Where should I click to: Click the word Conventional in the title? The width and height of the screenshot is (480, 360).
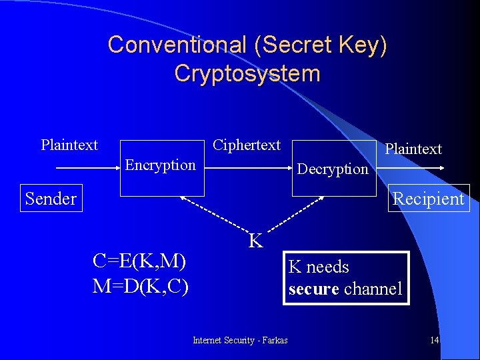(x=177, y=45)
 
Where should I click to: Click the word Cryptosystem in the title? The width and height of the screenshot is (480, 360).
(x=247, y=73)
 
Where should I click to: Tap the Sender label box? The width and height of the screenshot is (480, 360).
(x=51, y=198)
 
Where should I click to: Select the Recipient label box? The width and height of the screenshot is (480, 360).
(x=428, y=198)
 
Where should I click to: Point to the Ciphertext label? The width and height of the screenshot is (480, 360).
(x=247, y=145)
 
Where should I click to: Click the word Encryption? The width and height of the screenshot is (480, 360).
(x=161, y=165)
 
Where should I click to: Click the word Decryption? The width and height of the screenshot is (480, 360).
(x=333, y=169)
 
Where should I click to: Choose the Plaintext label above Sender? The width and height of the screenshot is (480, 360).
(x=69, y=145)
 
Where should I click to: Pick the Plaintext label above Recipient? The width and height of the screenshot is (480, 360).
(x=413, y=149)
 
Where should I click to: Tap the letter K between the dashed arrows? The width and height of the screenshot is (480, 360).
(x=255, y=241)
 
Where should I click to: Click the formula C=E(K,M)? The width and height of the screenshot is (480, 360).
(x=140, y=261)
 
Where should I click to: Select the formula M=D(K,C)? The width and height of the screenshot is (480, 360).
(x=140, y=286)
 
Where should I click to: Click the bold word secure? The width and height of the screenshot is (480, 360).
(x=314, y=289)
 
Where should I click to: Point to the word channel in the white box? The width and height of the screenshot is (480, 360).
(x=373, y=289)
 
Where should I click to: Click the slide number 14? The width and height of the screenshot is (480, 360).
(x=434, y=341)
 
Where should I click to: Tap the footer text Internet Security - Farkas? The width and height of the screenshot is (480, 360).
(x=240, y=341)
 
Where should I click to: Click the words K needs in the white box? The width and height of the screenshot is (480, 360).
(x=319, y=267)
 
